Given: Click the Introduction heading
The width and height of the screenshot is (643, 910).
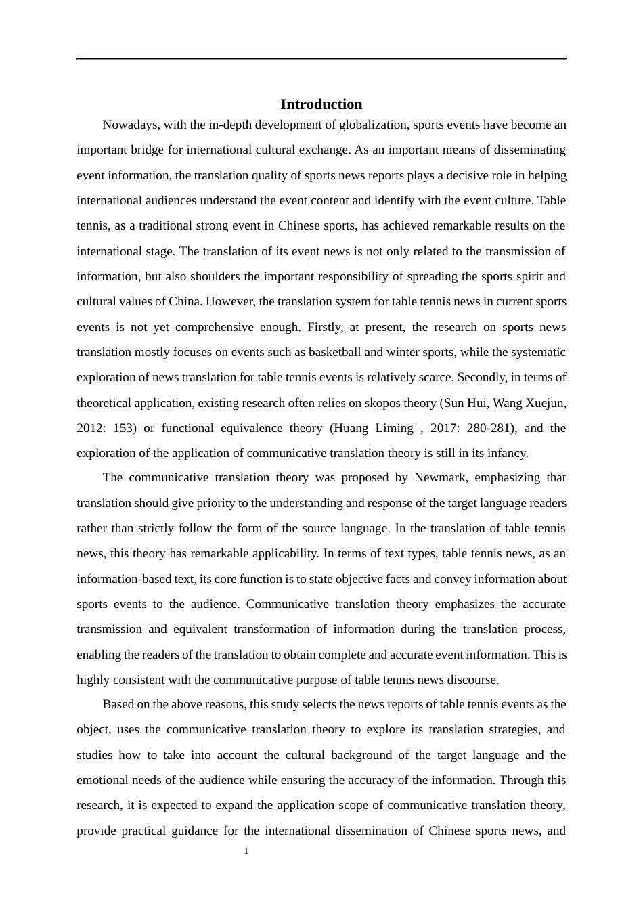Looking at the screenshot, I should tap(321, 104).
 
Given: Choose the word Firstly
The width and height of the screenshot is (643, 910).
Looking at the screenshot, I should tap(324, 327).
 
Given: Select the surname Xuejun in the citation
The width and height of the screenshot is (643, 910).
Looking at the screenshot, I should tap(546, 403).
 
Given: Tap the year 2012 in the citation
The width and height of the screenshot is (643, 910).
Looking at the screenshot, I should tap(91, 428).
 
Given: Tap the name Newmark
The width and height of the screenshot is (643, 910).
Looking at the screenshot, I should tap(440, 477).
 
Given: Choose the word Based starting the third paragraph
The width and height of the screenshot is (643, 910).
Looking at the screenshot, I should tap(118, 704).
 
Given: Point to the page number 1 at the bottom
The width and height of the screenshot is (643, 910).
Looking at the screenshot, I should tap(246, 851).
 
